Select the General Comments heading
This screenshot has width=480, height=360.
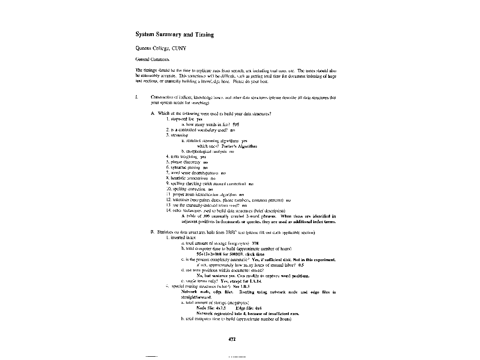pyautogui.click(x=149, y=60)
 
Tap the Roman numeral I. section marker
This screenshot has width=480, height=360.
pyautogui.click(x=136, y=97)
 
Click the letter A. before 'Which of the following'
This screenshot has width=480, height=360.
pyautogui.click(x=153, y=113)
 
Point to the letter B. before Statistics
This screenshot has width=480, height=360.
pyautogui.click(x=153, y=232)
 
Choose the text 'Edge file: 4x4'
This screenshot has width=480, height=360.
pyautogui.click(x=246, y=308)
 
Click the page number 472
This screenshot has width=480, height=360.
pyautogui.click(x=232, y=339)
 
